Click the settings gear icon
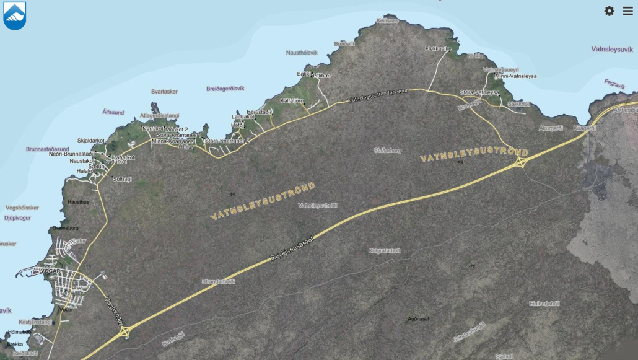click(x=610, y=11)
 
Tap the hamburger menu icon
click(x=627, y=11)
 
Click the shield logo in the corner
click(x=14, y=15)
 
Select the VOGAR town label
click(x=48, y=271)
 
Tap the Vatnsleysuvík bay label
click(x=613, y=48)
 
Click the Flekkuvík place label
click(x=437, y=48)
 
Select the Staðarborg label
click(x=388, y=150)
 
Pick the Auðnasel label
click(x=419, y=319)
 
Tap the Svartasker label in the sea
click(x=164, y=92)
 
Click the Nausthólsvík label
click(x=302, y=53)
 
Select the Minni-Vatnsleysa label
click(x=515, y=76)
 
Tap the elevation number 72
click(x=472, y=266)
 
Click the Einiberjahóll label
click(x=544, y=303)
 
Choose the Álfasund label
click(x=113, y=112)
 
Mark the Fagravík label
click(x=615, y=83)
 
